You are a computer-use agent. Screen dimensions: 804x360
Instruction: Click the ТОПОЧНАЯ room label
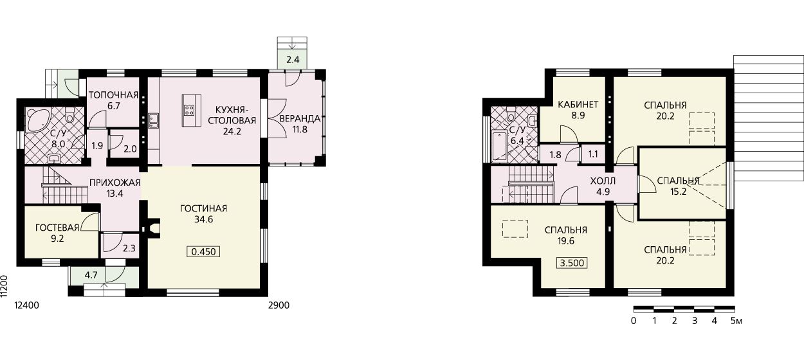coord(113,95)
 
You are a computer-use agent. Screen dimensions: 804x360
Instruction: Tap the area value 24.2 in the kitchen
coord(232,132)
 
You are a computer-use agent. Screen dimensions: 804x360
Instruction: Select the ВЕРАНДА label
coord(300,118)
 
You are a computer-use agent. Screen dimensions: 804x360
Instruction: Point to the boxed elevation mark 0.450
coord(203,252)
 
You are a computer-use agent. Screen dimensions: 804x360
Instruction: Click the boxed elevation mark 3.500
coord(572,263)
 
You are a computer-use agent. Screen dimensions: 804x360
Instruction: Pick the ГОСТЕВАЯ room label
coord(57,228)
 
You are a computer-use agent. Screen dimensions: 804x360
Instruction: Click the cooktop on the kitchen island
coord(189,110)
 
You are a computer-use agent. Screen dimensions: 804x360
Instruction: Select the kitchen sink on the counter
coord(154,120)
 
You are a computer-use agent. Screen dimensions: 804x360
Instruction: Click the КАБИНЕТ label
coord(578,104)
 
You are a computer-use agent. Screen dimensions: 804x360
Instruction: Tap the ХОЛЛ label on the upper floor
coord(603,181)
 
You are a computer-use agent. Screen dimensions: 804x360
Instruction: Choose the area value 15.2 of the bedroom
coord(678,192)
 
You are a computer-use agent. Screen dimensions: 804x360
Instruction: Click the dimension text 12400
coord(26,305)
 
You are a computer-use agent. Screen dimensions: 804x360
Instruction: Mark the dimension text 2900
coord(279,305)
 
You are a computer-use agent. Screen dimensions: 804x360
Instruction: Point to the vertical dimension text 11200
coord(4,287)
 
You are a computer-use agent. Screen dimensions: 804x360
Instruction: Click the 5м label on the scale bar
coord(736,321)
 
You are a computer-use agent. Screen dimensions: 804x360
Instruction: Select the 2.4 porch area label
coord(293,60)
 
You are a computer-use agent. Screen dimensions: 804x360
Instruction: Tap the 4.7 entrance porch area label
coord(91,275)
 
